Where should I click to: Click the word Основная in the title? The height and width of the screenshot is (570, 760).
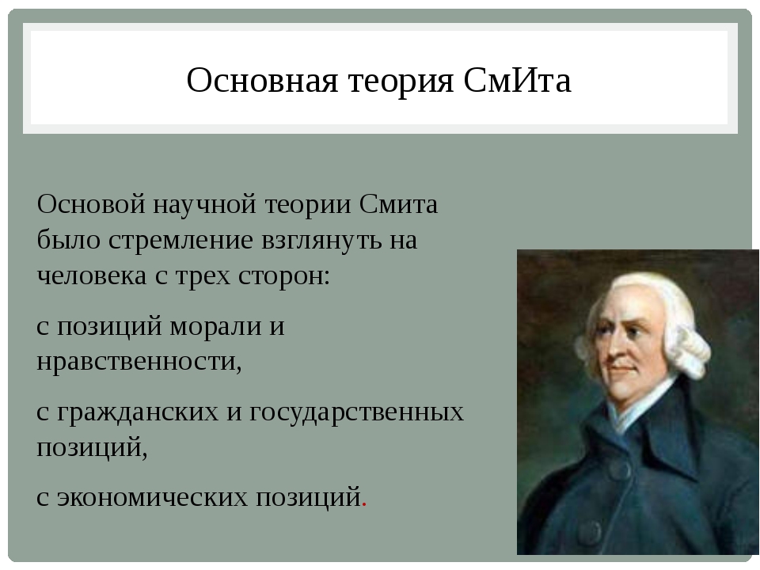[x=262, y=81]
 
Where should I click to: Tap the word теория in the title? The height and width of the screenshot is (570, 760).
[x=401, y=82]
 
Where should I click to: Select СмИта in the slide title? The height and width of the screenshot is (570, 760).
[x=517, y=81]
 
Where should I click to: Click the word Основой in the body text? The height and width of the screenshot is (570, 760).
[x=91, y=204]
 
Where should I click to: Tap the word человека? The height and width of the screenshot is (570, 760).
[x=92, y=277]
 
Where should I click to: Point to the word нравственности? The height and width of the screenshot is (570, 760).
[x=139, y=362]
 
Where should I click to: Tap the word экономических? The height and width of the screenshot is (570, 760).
[x=152, y=498]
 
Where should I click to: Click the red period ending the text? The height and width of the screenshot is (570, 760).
[x=364, y=505]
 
